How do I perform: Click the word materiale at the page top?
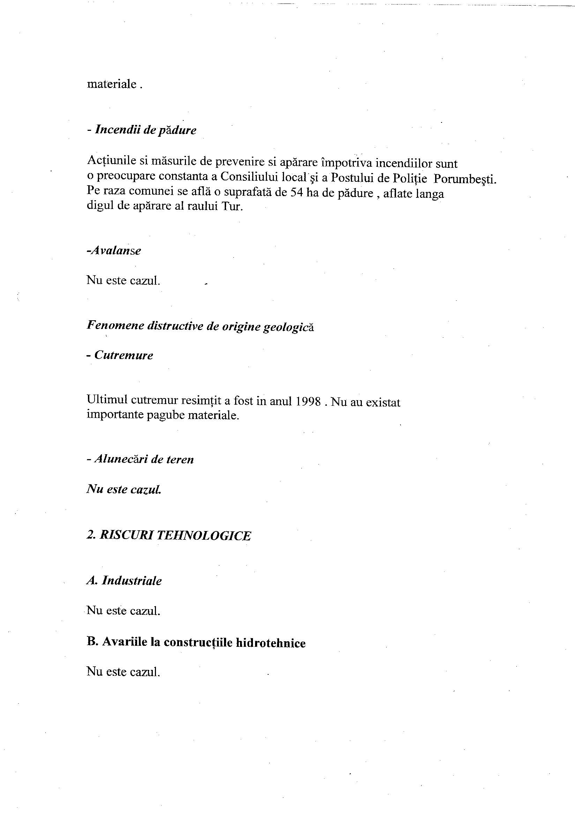pos(112,84)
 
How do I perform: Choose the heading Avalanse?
pos(114,251)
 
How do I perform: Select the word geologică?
pos(288,327)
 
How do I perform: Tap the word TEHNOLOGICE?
pos(203,536)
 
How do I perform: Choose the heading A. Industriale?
pos(124,581)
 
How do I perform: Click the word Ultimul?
pos(106,401)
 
